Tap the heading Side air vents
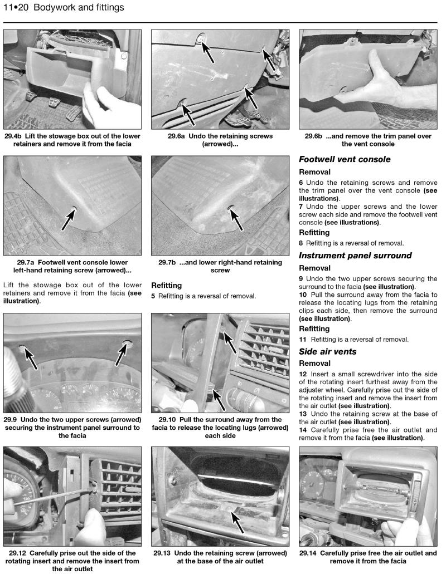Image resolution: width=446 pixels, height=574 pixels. pos(327,352)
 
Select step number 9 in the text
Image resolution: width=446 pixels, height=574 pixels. pos(302,278)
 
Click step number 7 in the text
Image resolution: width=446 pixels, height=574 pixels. pos(302,207)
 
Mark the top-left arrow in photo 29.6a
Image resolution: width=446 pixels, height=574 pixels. pos(209,50)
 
